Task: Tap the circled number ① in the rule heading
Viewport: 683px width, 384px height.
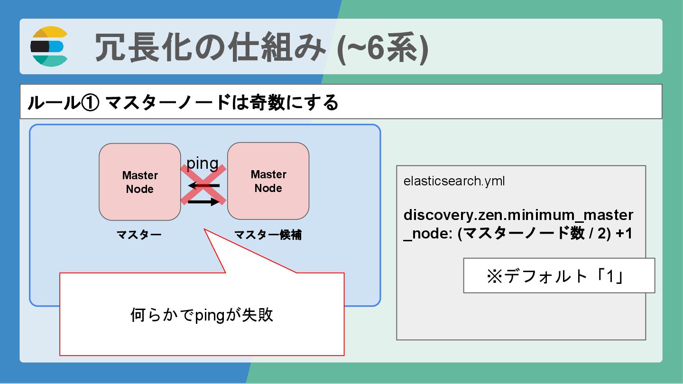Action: point(90,102)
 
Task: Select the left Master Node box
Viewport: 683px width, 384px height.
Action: point(140,182)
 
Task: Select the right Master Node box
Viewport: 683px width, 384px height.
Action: point(268,181)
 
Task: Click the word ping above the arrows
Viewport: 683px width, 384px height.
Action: point(203,163)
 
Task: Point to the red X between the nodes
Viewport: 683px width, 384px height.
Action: point(203,184)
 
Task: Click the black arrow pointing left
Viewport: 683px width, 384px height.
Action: point(204,185)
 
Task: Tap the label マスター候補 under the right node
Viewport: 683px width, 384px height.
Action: point(268,235)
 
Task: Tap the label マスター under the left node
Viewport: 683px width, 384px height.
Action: point(139,235)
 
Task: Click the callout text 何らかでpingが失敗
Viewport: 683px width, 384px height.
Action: point(202,315)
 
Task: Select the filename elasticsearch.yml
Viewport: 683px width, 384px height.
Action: point(454,181)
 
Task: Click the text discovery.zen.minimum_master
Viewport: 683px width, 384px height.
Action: point(518,215)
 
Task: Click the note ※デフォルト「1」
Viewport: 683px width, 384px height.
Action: point(559,275)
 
